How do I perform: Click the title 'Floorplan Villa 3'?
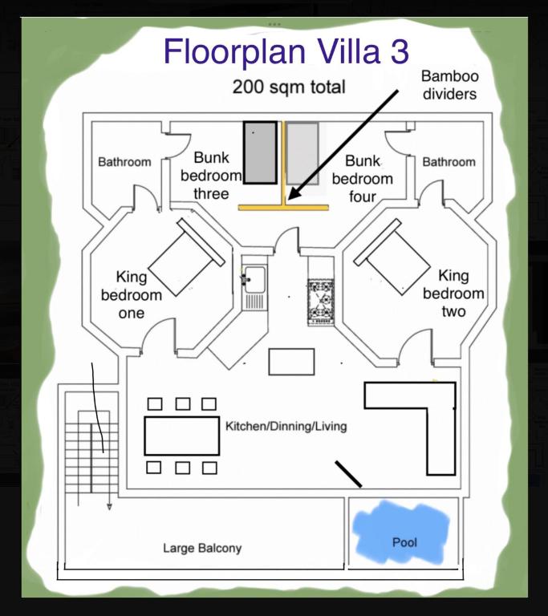click(286, 52)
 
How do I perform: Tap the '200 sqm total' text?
click(289, 87)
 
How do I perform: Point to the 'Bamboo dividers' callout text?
click(450, 85)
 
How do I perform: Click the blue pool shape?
click(401, 533)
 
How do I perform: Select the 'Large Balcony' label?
click(202, 548)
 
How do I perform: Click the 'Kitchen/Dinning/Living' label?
click(286, 426)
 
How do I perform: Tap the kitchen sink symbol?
click(254, 286)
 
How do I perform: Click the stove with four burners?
click(321, 302)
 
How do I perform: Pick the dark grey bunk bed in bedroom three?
click(260, 152)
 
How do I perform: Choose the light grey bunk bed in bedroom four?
click(302, 153)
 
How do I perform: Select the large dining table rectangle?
click(182, 436)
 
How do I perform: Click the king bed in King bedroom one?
click(186, 257)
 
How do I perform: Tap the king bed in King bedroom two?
click(392, 257)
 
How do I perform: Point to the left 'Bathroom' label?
click(124, 162)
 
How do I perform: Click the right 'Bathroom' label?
click(449, 162)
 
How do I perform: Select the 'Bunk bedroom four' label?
click(363, 179)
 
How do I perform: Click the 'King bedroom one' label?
click(132, 294)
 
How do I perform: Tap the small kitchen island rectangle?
click(292, 362)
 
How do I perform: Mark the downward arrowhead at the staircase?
click(109, 507)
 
